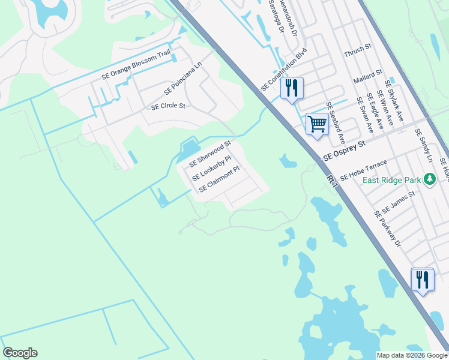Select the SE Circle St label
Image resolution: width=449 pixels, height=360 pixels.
click(x=168, y=106)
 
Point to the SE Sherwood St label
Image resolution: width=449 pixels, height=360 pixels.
click(x=210, y=155)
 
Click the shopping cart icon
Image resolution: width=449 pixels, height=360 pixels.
click(x=317, y=124)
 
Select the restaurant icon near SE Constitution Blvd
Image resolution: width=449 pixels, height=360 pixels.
click(x=292, y=88)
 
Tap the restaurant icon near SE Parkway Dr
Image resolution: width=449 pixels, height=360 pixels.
click(x=422, y=280)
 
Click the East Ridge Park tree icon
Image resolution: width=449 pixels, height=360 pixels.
click(x=429, y=179)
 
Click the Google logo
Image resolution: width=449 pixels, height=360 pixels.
click(x=20, y=353)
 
